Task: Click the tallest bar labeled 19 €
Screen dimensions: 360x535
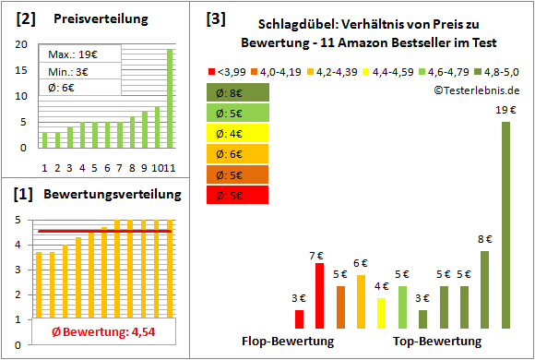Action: click(505, 225)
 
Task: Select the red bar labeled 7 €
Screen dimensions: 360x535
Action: click(319, 296)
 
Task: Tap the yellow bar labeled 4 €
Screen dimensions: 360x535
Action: click(382, 313)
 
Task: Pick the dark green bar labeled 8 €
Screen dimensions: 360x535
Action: click(484, 290)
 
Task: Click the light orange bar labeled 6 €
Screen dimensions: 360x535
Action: click(361, 302)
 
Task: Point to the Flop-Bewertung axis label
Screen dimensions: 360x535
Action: click(288, 342)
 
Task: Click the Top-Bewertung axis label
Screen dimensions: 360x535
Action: click(437, 342)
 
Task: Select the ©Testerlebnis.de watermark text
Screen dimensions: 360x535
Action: click(474, 90)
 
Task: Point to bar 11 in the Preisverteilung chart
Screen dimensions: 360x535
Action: click(170, 98)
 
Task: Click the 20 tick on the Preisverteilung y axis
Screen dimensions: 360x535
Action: click(22, 44)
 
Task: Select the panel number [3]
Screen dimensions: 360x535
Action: click(215, 18)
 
